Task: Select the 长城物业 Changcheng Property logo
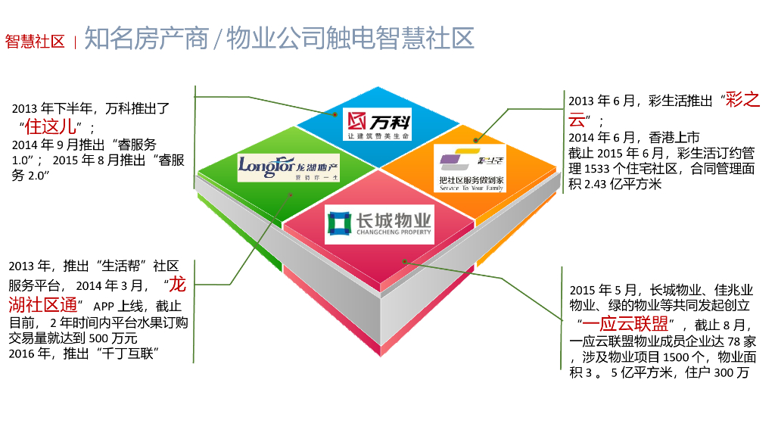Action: coord(379,223)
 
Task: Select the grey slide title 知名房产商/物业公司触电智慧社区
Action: coord(279,38)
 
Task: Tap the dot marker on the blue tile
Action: coord(335,115)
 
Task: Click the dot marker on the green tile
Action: coord(290,194)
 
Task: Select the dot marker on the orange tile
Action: coord(475,139)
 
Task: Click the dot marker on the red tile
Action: coord(405,261)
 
